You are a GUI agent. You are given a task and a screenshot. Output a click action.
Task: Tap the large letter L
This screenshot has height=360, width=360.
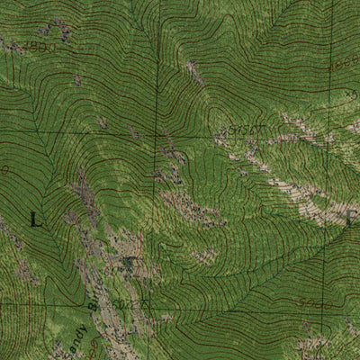[35, 219]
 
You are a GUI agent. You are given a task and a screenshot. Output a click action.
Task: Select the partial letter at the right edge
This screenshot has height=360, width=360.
[353, 216]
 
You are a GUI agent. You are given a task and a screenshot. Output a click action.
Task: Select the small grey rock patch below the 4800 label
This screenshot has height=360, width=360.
[78, 81]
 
